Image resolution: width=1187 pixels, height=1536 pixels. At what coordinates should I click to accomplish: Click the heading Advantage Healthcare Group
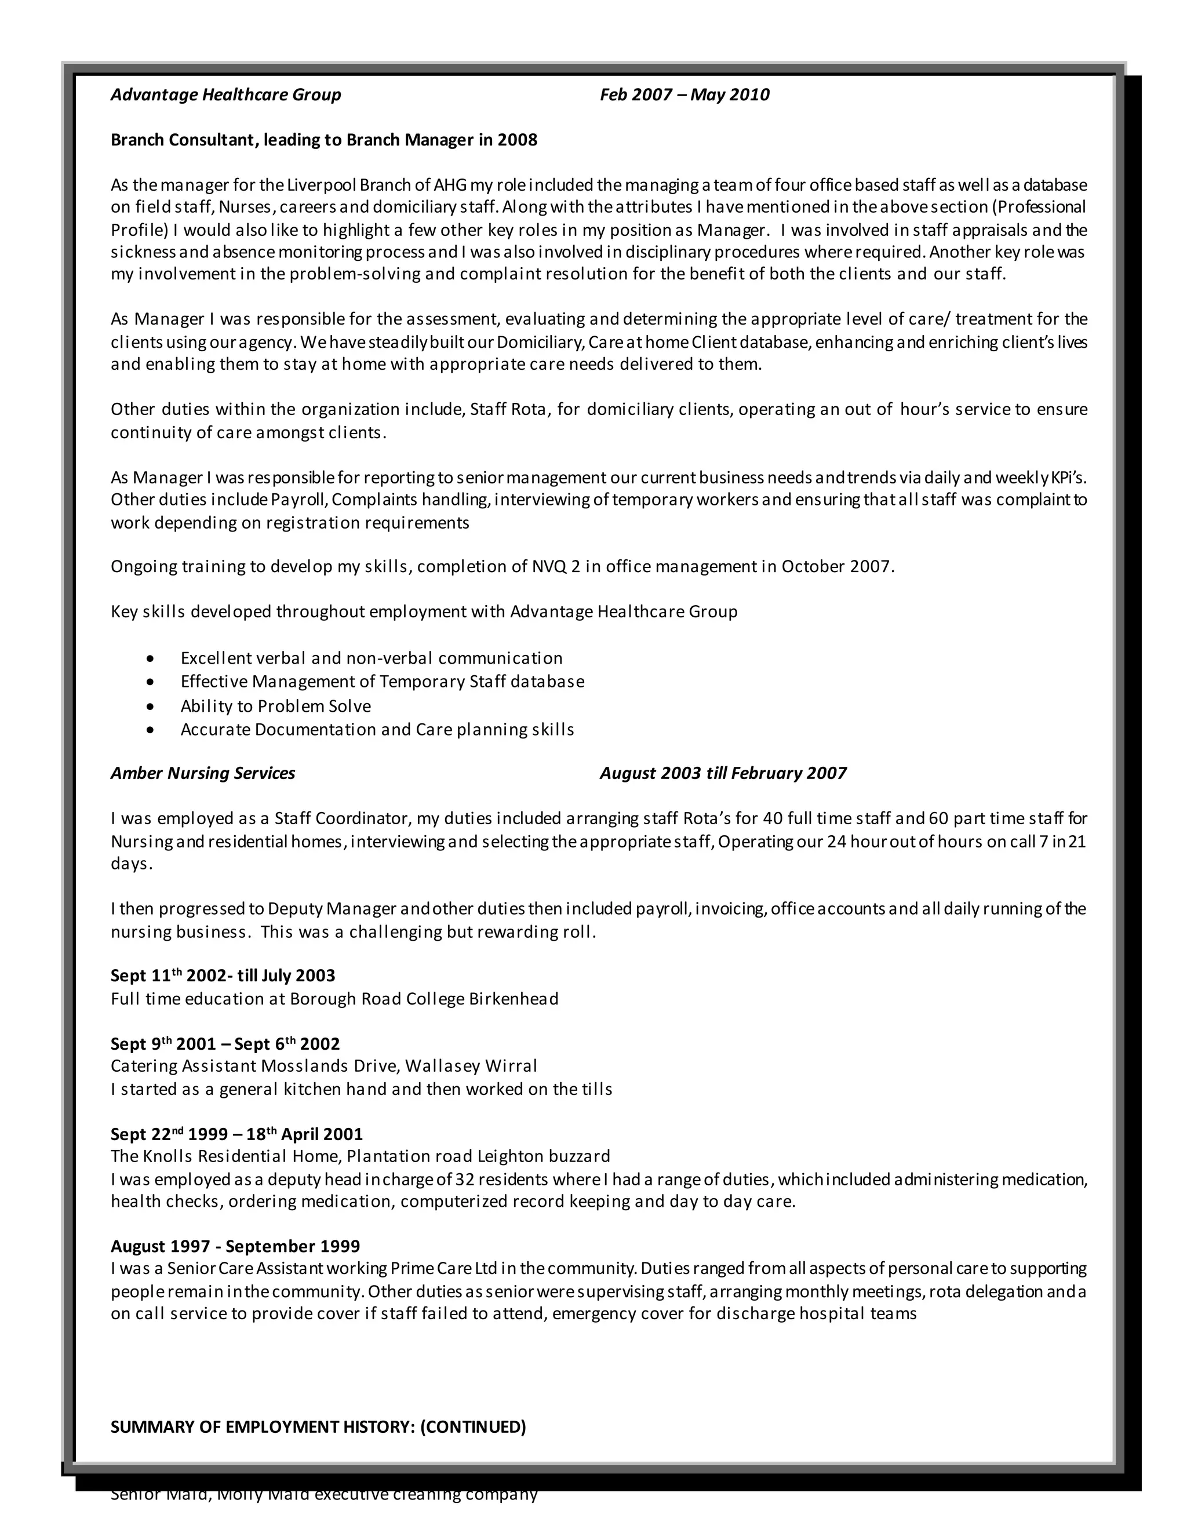click(225, 95)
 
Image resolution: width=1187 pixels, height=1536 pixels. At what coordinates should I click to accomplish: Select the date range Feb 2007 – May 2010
click(684, 95)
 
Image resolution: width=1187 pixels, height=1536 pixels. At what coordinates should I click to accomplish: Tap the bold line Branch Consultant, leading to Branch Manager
click(323, 140)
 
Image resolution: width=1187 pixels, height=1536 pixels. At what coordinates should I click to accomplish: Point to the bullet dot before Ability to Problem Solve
click(150, 706)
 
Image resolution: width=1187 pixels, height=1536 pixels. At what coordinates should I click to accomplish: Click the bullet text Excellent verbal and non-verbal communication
click(372, 658)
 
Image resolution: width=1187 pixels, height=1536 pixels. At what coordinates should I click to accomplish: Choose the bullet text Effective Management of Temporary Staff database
click(382, 682)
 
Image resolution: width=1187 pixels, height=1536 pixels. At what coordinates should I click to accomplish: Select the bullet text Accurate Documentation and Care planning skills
click(377, 729)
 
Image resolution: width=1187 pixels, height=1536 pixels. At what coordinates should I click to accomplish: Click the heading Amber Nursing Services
click(202, 774)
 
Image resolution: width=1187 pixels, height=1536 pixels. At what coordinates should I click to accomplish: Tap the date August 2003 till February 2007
click(723, 774)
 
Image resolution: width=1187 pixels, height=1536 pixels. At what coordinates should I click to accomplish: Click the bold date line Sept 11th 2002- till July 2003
click(223, 976)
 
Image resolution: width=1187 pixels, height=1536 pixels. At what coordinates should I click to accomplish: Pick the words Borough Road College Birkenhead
click(424, 999)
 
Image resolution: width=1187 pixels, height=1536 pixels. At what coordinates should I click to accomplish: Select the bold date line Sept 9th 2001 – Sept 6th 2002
click(225, 1044)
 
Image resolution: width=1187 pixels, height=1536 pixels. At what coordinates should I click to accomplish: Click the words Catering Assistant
click(184, 1066)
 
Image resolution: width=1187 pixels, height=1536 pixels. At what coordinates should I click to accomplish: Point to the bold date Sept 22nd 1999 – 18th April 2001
click(236, 1134)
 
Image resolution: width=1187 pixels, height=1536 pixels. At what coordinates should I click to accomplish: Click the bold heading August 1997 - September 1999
click(235, 1246)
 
